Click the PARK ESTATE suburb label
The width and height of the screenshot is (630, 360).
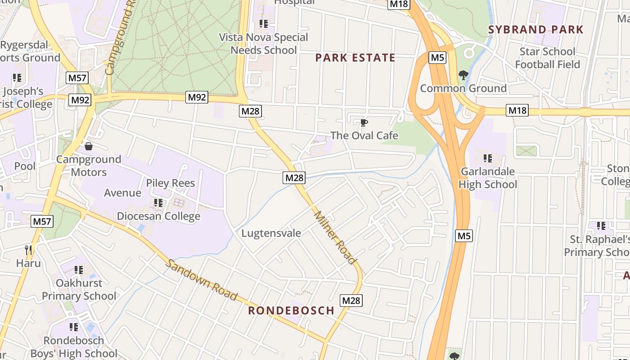[355, 58]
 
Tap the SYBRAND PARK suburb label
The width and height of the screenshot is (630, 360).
[535, 30]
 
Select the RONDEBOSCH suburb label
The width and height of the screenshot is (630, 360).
[291, 310]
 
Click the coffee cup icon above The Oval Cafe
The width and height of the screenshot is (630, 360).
[364, 122]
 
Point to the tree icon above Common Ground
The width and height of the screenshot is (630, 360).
[463, 75]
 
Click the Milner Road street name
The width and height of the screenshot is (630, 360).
[335, 238]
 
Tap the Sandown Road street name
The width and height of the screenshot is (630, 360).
[201, 279]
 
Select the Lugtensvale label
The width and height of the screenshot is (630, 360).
[271, 233]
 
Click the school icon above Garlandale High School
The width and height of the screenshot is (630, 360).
[487, 158]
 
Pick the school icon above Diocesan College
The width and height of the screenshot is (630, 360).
[158, 203]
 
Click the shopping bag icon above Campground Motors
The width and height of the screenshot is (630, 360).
[89, 146]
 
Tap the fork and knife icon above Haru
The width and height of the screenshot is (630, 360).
[28, 250]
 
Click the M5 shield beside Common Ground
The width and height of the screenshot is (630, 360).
[437, 58]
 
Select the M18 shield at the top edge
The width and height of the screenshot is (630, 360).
[399, 4]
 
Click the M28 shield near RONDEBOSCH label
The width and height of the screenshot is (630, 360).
[351, 300]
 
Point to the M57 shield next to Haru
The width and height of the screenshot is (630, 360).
[42, 221]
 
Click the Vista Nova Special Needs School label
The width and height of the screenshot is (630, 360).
[264, 44]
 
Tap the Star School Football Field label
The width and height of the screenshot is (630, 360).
[547, 58]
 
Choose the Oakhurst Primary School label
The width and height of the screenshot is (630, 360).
[79, 289]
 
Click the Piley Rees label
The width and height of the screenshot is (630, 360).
[171, 183]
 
